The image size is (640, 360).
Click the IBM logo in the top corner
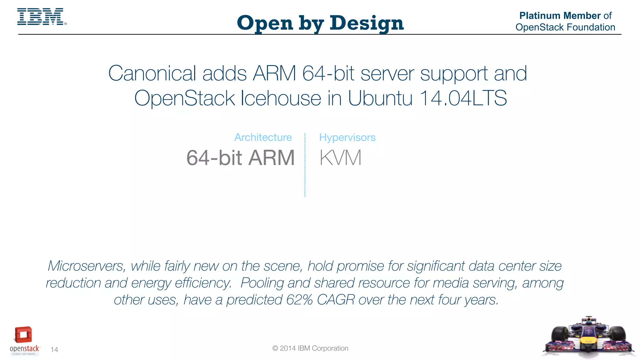[x=41, y=17]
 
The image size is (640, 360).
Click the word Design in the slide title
[x=367, y=23]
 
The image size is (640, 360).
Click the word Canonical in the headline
[x=152, y=73]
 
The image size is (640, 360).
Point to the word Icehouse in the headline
[x=281, y=98]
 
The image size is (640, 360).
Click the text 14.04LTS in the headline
[x=463, y=98]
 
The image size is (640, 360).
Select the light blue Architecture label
[x=263, y=137]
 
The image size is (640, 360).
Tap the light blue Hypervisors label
[x=347, y=137]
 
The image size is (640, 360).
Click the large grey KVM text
[x=340, y=158]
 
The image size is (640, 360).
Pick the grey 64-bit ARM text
[x=240, y=158]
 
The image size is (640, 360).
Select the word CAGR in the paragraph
[x=336, y=300]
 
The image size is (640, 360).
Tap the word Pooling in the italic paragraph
[x=262, y=283]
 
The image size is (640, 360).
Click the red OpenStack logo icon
[x=23, y=335]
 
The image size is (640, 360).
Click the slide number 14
[x=54, y=350]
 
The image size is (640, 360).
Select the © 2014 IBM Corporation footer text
[x=310, y=348]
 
